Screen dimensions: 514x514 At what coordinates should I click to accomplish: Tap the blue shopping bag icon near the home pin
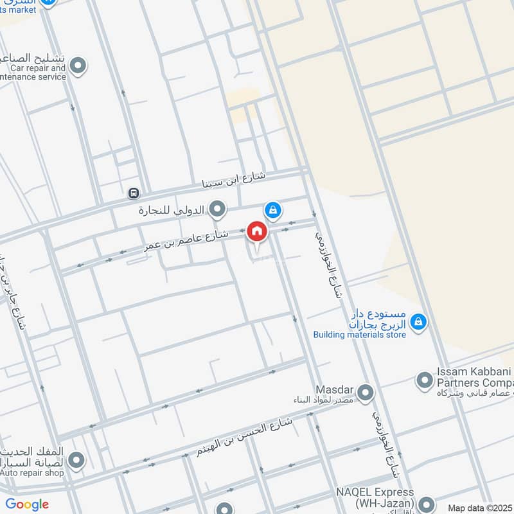pos(272,209)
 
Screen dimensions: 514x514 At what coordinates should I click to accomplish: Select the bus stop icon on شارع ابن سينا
pos(133,193)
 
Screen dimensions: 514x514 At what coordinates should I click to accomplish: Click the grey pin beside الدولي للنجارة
pos(218,209)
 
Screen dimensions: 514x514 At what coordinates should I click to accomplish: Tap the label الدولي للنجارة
pos(172,210)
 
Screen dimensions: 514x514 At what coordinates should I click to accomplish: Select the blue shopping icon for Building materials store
pos(418,321)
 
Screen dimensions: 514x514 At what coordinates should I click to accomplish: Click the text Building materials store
pos(359,334)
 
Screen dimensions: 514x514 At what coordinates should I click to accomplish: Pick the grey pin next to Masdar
pos(365,391)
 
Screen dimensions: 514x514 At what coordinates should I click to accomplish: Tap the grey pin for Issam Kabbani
pos(424,381)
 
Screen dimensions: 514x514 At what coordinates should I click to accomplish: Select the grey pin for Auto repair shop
pos(76,460)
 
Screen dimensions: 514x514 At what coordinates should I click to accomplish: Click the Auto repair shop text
pos(32,472)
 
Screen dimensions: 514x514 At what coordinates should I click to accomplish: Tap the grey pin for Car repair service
pos(78,66)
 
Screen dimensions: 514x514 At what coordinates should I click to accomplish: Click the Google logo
pos(27,504)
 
